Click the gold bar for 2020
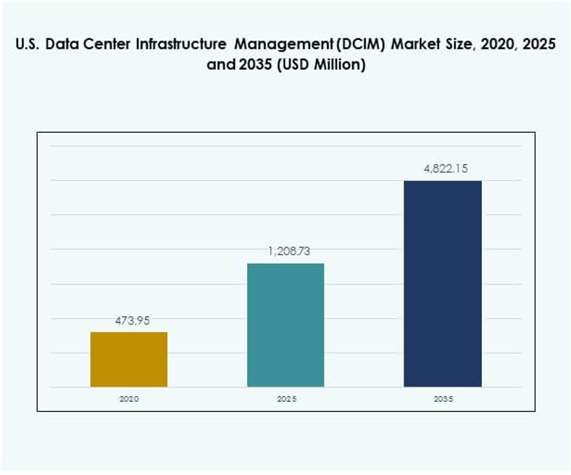click(128, 359)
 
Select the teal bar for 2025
click(285, 325)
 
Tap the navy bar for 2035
click(442, 284)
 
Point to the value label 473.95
click(131, 320)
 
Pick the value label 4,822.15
click(445, 168)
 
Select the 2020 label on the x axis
click(128, 400)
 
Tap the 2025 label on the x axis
click(285, 400)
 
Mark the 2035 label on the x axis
click(442, 400)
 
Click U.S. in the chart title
click(26, 45)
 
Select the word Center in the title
click(107, 45)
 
